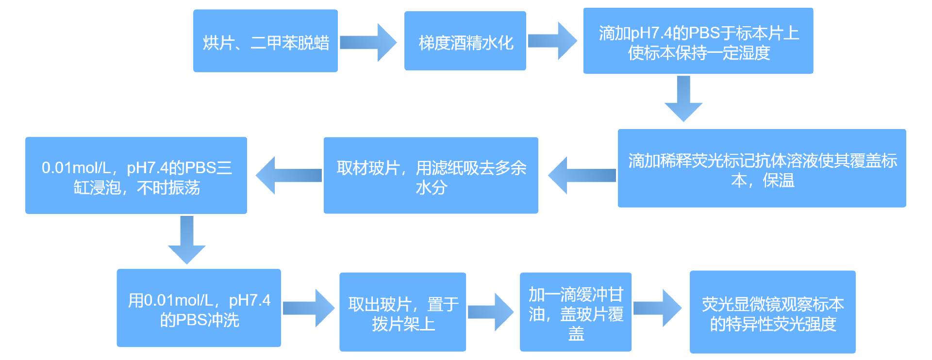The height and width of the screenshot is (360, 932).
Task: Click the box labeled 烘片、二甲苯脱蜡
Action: [265, 41]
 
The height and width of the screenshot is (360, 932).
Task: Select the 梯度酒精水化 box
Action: [465, 41]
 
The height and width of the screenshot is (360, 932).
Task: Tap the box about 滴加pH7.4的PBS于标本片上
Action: [698, 41]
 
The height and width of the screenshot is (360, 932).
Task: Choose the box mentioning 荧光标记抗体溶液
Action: [762, 168]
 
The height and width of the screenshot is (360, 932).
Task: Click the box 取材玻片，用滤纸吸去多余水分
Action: [431, 176]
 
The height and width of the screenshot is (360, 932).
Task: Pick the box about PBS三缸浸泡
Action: [136, 176]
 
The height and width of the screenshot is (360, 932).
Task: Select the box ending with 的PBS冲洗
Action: [199, 308]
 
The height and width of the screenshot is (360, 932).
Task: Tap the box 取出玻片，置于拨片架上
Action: [402, 312]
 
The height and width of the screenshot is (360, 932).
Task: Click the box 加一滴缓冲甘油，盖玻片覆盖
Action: [575, 312]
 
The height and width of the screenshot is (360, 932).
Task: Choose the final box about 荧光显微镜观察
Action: [772, 312]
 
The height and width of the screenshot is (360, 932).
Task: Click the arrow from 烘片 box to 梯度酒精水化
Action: [368, 42]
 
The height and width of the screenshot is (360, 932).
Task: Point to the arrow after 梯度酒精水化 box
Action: [552, 41]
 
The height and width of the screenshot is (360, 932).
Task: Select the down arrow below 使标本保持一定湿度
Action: [683, 98]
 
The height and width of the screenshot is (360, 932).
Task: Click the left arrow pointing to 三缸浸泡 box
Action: [288, 175]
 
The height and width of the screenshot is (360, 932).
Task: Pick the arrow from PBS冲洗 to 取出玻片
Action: [309, 308]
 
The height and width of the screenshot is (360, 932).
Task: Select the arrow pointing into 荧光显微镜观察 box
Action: [658, 308]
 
